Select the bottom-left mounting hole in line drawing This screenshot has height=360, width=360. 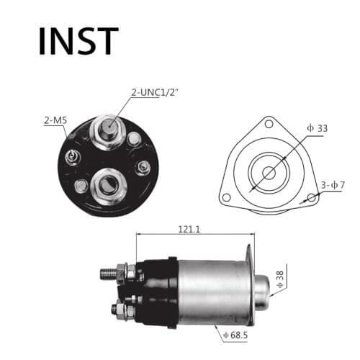click(226, 197)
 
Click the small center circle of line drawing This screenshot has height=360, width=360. click(269, 173)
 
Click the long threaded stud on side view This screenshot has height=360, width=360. click(109, 274)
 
